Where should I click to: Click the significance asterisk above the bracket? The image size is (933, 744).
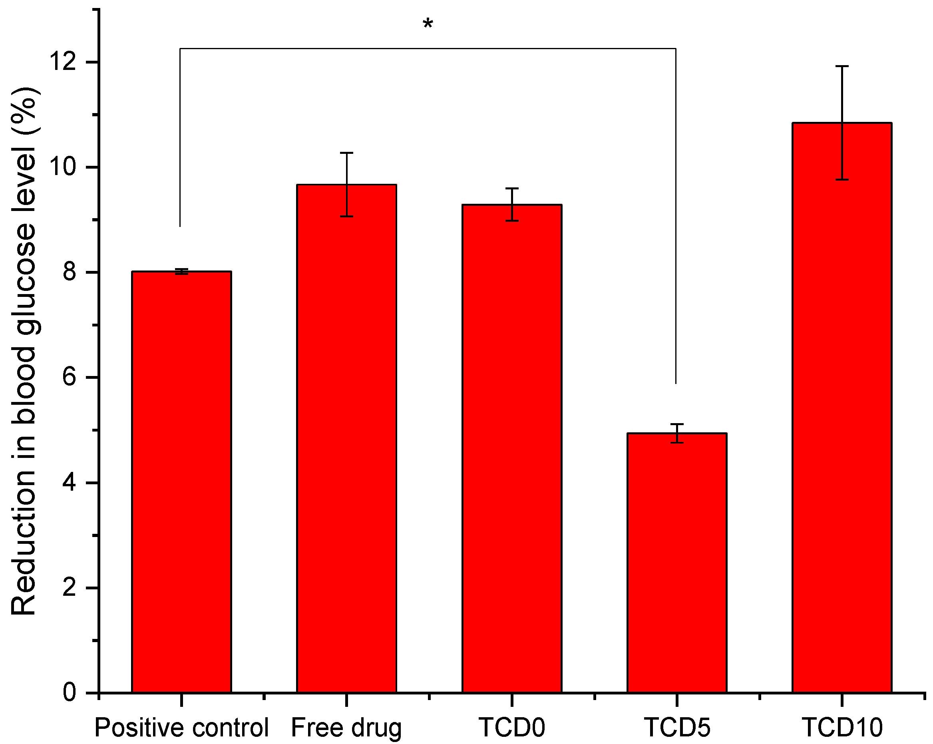pyautogui.click(x=428, y=24)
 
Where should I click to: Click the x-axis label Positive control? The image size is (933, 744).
pyautogui.click(x=181, y=727)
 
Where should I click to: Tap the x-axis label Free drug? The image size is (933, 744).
pyautogui.click(x=346, y=727)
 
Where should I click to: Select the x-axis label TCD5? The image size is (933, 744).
pyautogui.click(x=677, y=727)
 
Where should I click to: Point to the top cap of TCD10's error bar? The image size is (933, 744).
pyautogui.click(x=841, y=66)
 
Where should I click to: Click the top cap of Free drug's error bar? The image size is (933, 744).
pyautogui.click(x=346, y=153)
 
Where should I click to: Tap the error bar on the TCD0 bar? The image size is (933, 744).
pyautogui.click(x=512, y=204)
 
